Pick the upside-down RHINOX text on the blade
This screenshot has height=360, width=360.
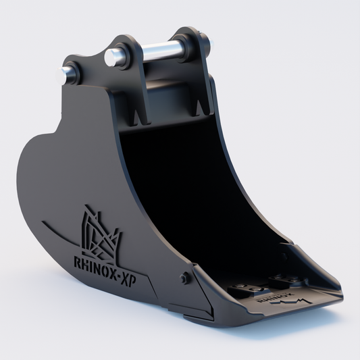click(269, 295)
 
